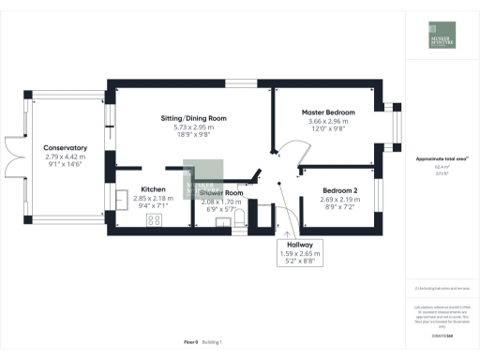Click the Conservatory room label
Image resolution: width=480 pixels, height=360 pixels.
click(65, 147)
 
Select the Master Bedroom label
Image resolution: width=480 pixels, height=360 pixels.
click(324, 112)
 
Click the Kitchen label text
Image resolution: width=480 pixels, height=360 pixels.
click(154, 189)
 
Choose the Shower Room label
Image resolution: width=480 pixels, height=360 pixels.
click(221, 193)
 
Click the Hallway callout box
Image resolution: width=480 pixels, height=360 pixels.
click(303, 253)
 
